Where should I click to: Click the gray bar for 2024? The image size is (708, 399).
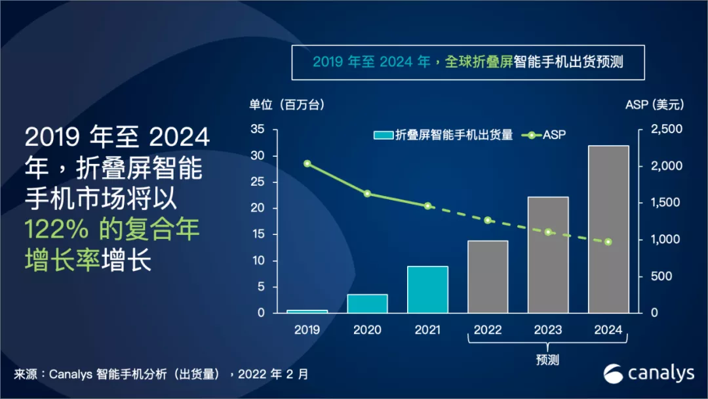608,229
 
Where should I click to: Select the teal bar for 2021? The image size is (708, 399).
427,289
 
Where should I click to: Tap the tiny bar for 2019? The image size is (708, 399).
307,311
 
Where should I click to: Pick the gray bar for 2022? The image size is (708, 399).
488,276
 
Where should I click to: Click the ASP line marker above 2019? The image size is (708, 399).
307,163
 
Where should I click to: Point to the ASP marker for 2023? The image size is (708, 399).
548,232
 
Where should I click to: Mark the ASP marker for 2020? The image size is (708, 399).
367,194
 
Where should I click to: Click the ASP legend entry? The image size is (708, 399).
543,135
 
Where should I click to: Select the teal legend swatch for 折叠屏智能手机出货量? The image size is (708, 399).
382,135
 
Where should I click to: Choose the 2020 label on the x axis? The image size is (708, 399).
367,330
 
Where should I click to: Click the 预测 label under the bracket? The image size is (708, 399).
547,360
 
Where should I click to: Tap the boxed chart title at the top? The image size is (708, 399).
467,62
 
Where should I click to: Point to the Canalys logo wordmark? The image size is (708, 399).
661,373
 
